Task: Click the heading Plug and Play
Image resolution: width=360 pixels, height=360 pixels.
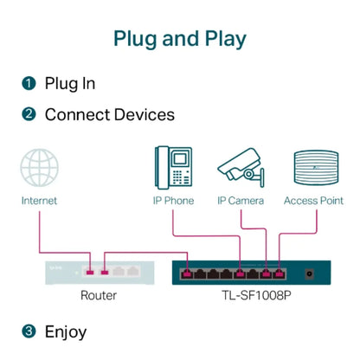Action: (x=180, y=39)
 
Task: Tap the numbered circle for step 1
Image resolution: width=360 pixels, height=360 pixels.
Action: (x=29, y=84)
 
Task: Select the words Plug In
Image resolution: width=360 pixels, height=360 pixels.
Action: (x=70, y=84)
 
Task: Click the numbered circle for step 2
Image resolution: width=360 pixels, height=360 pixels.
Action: (x=29, y=114)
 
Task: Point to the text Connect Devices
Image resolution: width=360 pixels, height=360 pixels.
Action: (x=109, y=114)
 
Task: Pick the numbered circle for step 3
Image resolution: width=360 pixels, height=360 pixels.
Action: (x=29, y=331)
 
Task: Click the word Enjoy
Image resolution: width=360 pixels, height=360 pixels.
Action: (x=66, y=331)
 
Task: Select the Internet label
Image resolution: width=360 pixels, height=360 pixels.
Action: (x=40, y=201)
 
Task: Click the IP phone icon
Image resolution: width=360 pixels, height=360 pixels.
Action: (x=173, y=167)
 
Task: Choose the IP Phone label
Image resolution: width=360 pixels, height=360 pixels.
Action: (x=174, y=201)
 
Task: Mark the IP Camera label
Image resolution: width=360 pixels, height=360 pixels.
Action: (x=241, y=201)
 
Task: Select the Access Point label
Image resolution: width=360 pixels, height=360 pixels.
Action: (x=313, y=201)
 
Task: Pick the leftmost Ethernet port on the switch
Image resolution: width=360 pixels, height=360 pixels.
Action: (x=188, y=275)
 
